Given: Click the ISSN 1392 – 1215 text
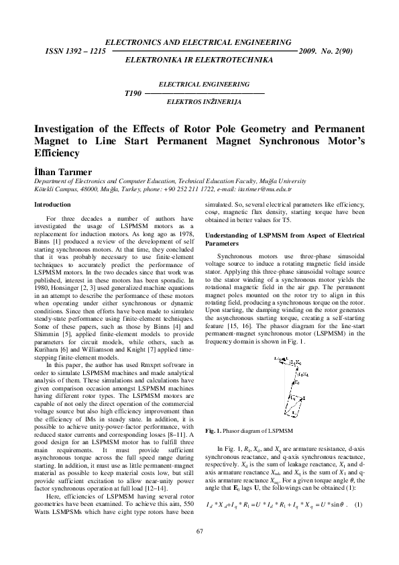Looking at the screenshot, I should click(x=74, y=50).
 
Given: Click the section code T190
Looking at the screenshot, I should click(x=133, y=93).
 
